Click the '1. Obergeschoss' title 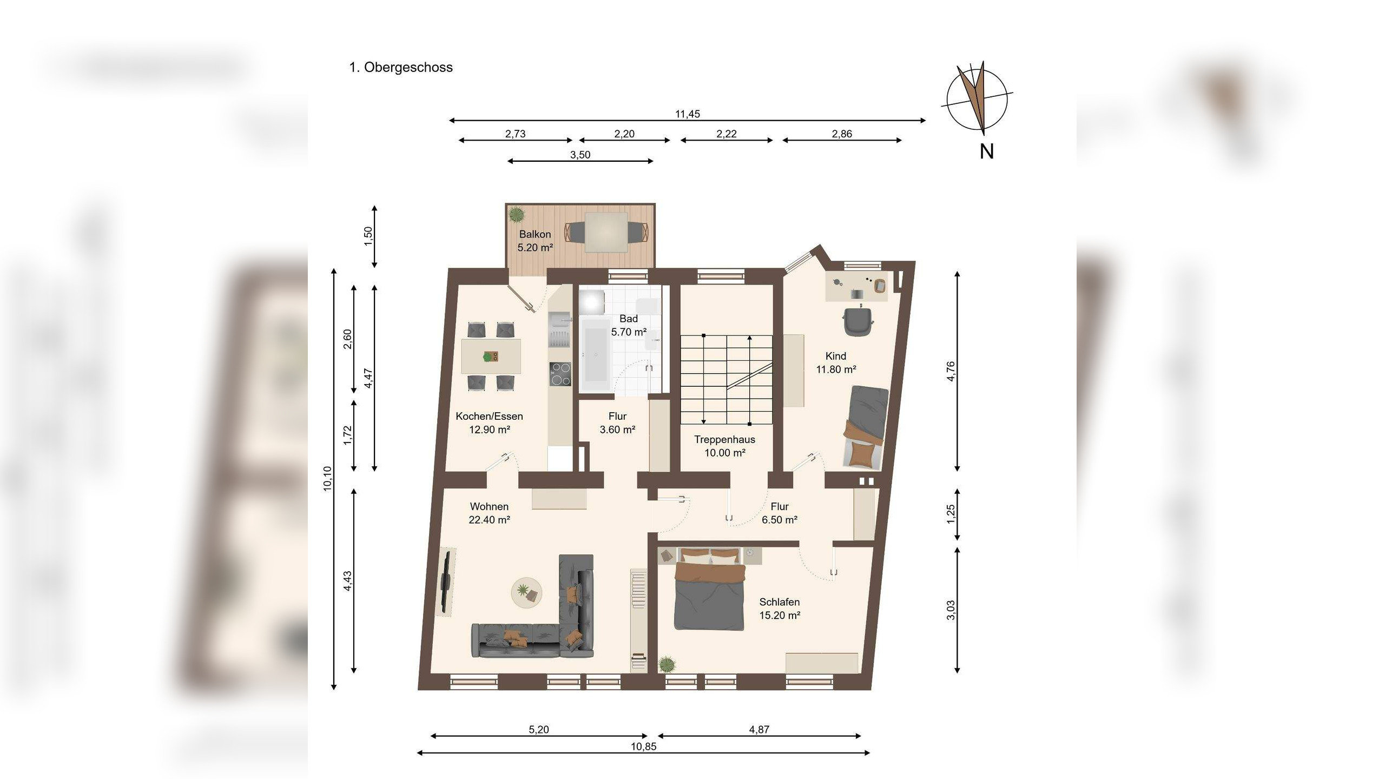401,68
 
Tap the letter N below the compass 986,152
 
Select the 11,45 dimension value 688,114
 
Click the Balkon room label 535,234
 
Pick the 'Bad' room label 629,319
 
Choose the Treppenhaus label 724,439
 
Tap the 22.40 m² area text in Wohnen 490,520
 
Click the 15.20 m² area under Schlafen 780,615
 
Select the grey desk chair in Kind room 858,321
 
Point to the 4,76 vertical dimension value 951,371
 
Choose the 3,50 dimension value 580,155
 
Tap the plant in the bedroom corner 667,663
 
